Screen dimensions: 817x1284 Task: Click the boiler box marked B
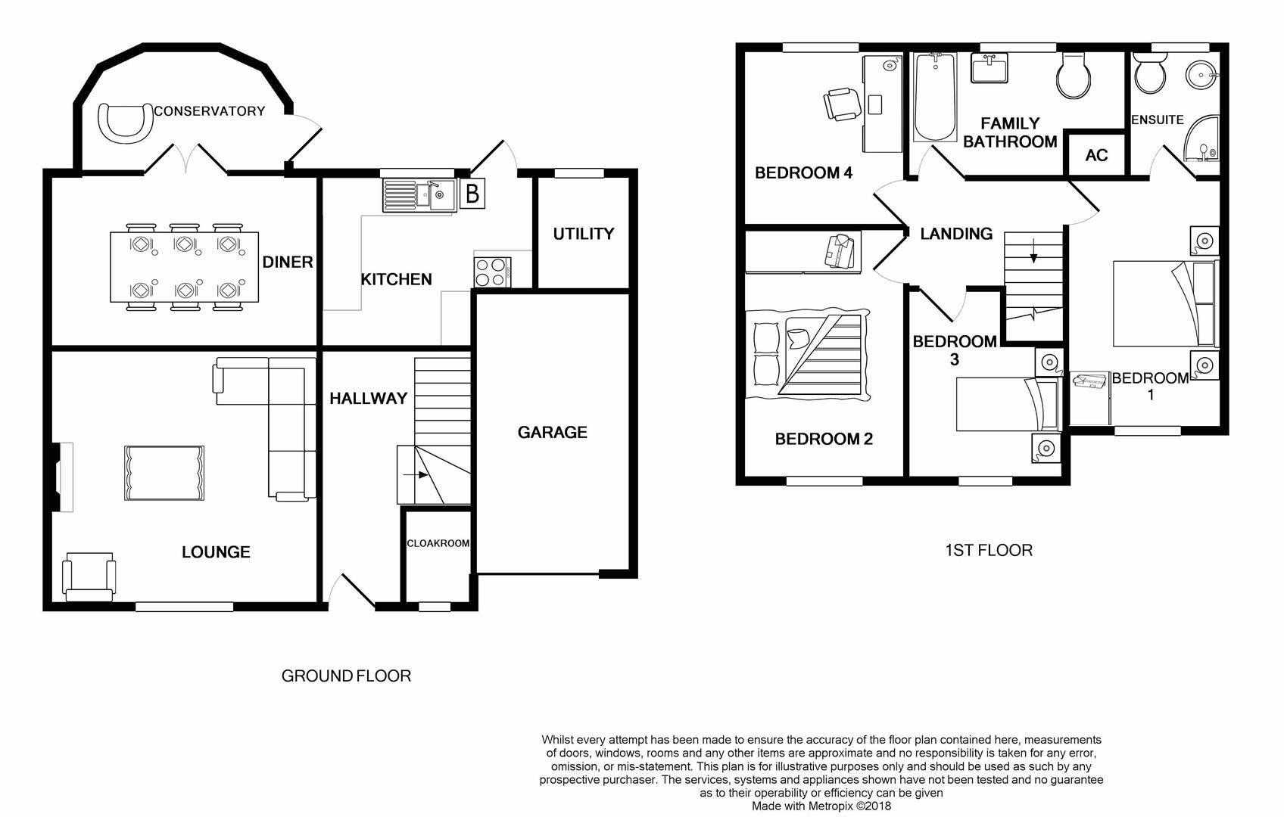click(472, 194)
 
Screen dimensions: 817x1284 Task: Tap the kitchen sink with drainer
click(418, 195)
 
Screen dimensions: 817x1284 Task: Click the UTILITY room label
click(583, 234)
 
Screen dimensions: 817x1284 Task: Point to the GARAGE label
click(552, 432)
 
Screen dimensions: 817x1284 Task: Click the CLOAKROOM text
click(438, 543)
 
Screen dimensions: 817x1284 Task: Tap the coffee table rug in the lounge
click(164, 473)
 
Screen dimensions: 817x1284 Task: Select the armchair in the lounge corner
click(89, 576)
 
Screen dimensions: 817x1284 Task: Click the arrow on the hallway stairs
click(416, 475)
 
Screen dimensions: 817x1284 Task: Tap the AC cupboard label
click(1096, 155)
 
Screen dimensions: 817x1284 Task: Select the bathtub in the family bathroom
click(935, 98)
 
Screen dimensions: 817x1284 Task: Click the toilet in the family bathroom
click(1074, 76)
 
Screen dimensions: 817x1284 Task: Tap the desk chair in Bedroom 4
click(842, 103)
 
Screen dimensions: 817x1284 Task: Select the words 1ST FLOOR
click(988, 550)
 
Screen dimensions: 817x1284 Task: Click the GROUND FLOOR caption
click(346, 676)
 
